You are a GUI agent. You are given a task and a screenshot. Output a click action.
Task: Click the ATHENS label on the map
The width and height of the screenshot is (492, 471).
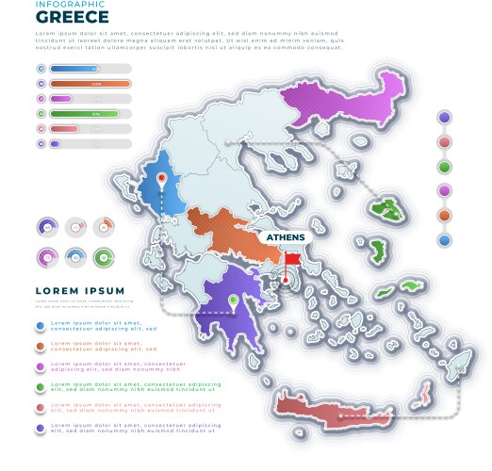286,237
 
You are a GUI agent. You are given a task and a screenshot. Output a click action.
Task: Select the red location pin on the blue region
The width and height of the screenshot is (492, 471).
161,177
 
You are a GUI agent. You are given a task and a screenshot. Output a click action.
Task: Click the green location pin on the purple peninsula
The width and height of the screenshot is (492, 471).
233,301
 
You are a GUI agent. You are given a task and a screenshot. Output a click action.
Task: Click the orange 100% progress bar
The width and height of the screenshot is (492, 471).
90,84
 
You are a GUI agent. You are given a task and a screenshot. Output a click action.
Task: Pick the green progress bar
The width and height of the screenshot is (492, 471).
84,114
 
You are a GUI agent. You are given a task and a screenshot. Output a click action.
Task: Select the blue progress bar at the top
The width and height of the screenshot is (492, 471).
74,69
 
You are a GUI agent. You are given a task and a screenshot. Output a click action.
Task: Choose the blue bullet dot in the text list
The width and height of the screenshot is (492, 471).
40,326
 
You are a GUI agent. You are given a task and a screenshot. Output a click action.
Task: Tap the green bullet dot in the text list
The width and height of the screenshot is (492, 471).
40,387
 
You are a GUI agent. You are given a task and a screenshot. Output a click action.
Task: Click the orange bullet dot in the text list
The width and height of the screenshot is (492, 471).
40,347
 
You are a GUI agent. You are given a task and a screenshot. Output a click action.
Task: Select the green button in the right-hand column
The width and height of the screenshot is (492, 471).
445,167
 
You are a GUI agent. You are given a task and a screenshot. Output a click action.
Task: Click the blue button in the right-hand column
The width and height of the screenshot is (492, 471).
445,240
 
